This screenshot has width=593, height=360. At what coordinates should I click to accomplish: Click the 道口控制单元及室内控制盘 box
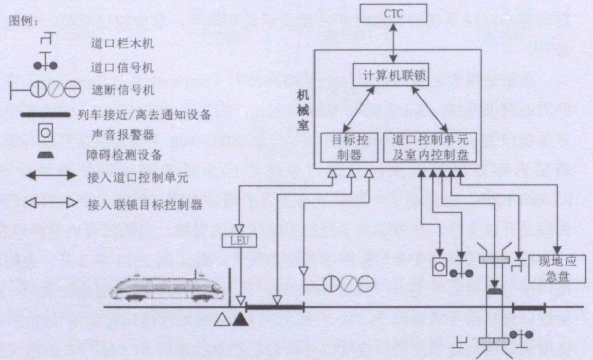pyautogui.click(x=430, y=148)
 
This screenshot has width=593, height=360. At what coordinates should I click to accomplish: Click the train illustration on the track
pyautogui.click(x=165, y=288)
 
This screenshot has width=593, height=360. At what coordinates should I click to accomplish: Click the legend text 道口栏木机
pyautogui.click(x=122, y=44)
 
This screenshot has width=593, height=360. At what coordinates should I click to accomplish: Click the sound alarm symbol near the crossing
pyautogui.click(x=439, y=266)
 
